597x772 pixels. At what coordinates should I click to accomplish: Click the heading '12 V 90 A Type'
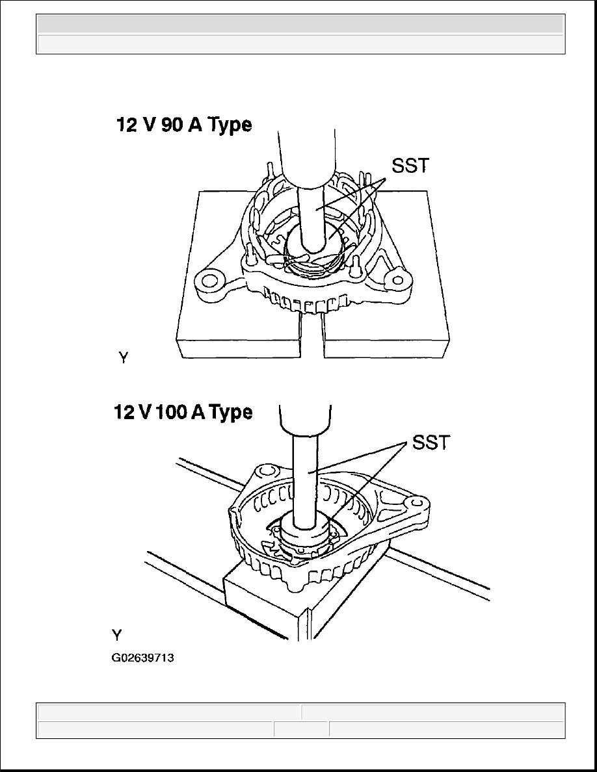pos(184,125)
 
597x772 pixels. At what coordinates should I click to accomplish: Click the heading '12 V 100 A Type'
pos(183,411)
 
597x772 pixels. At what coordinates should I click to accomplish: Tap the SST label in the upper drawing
pos(410,166)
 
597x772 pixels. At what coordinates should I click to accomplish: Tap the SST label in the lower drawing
pos(431,443)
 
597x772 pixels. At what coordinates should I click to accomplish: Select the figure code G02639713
pos(142,658)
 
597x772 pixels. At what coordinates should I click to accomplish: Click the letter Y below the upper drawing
pos(124,358)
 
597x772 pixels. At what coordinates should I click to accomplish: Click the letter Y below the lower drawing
pos(117,636)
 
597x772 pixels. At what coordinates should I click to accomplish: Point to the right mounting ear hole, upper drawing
pos(395,280)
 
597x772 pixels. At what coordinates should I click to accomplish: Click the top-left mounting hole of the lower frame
pos(267,471)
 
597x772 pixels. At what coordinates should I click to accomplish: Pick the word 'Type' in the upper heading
pos(230,125)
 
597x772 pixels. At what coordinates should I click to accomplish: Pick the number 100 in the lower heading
pos(171,411)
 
